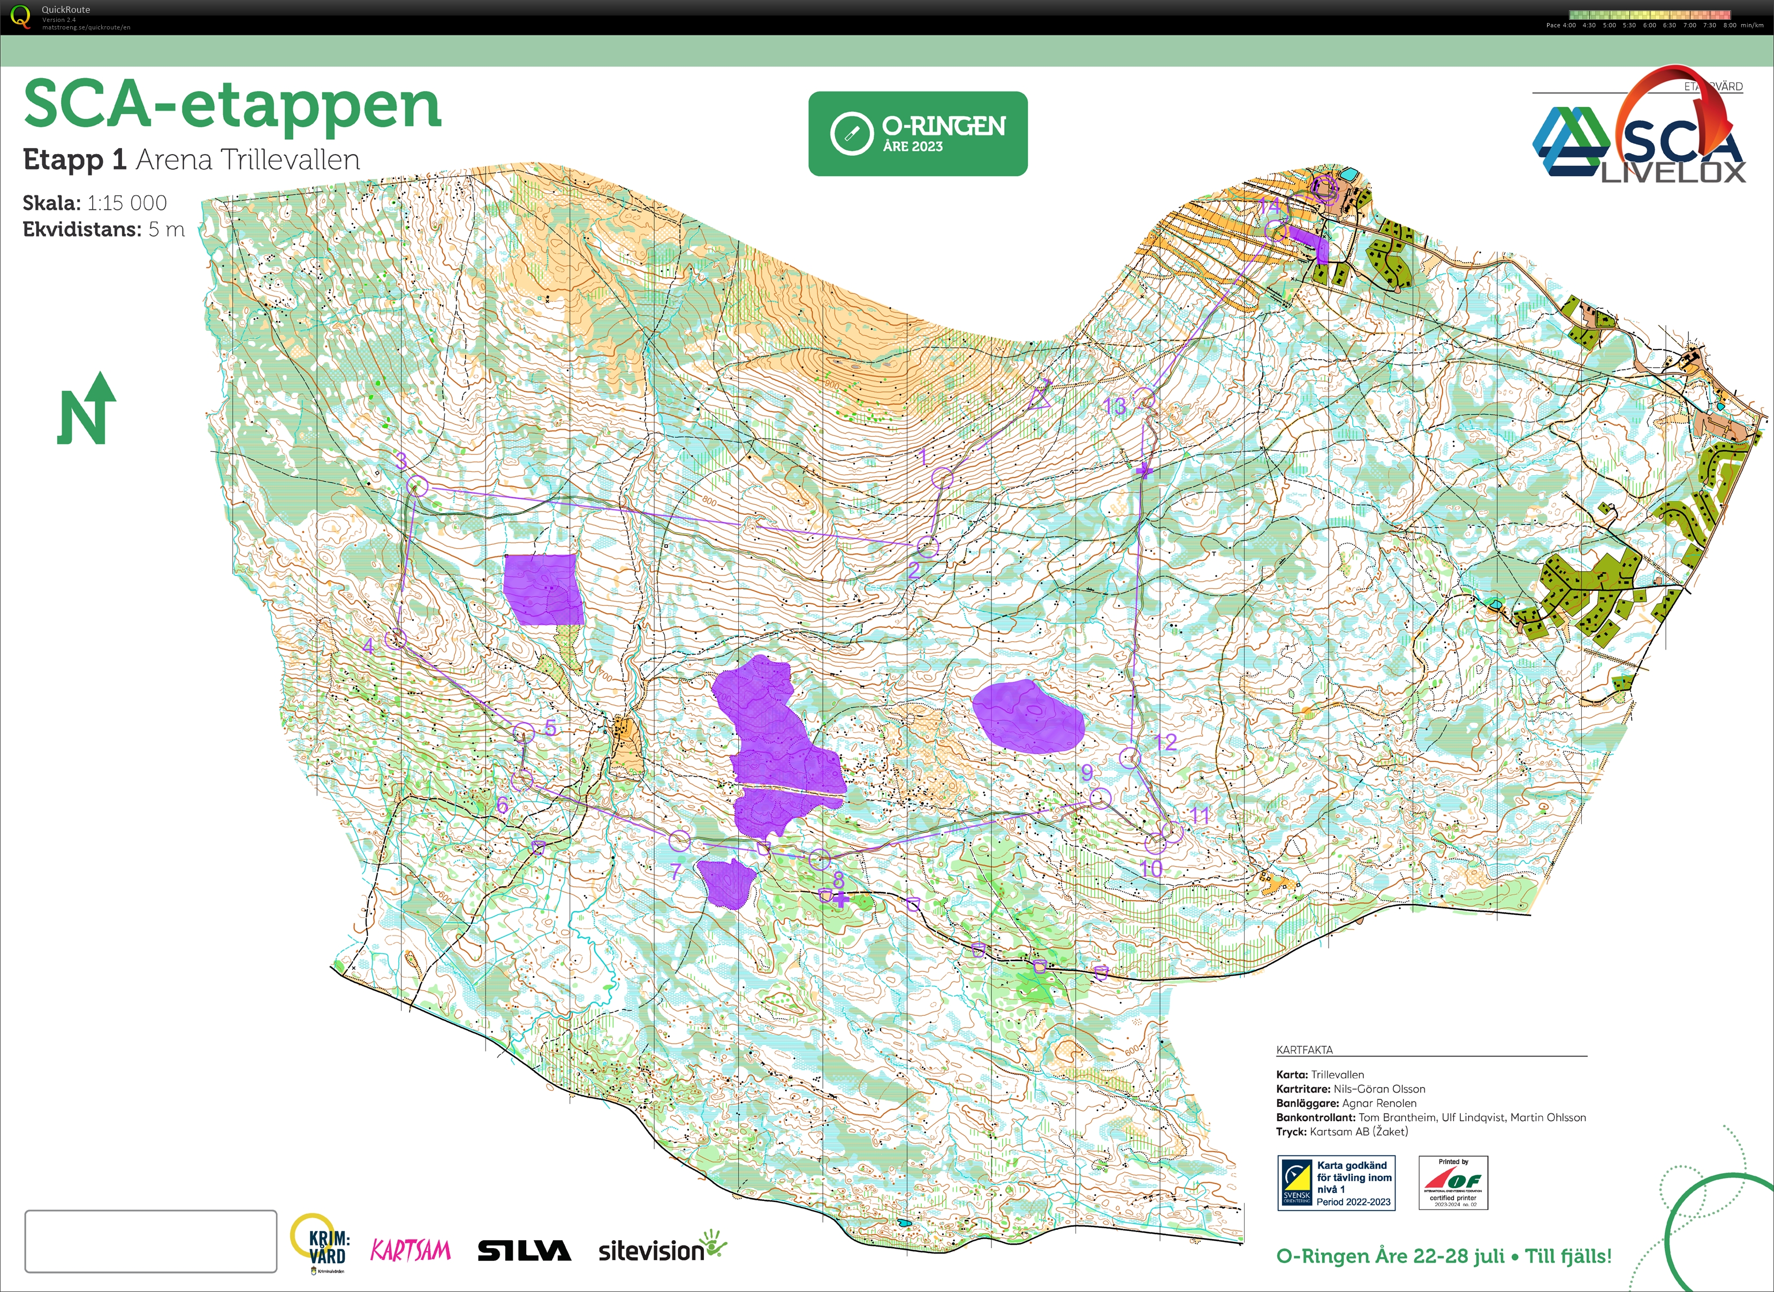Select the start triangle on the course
[x=1040, y=397]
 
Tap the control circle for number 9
[x=1100, y=797]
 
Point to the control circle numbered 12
[x=1130, y=757]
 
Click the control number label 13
[x=1115, y=406]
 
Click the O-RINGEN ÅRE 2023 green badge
[x=918, y=134]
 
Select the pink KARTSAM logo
[x=411, y=1250]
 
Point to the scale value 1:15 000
[x=127, y=203]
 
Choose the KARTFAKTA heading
[x=1304, y=1050]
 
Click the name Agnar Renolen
[x=1379, y=1103]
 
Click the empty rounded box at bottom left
[x=150, y=1241]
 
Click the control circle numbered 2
[x=927, y=546]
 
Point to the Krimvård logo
[x=321, y=1245]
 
